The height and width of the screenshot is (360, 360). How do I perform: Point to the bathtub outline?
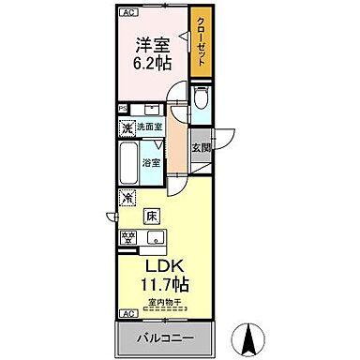(x=129, y=163)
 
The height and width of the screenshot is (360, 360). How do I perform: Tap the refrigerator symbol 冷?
(x=127, y=199)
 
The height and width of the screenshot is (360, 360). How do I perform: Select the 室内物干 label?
(x=166, y=302)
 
